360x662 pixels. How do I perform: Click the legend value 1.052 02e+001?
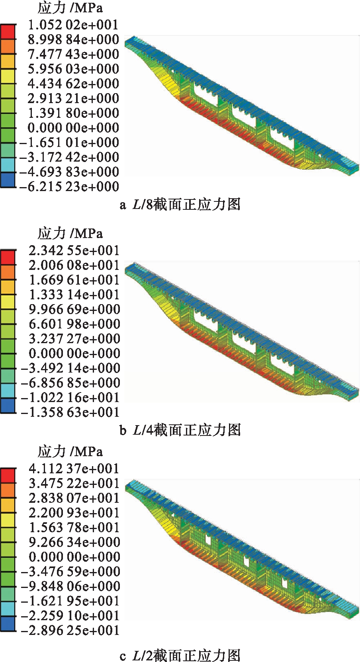[x=73, y=25]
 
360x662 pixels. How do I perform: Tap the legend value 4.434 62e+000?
[x=73, y=84]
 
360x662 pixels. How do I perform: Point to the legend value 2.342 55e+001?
[x=74, y=250]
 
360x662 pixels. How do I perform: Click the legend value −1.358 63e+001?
[x=70, y=412]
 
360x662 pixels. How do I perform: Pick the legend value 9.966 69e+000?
[x=74, y=309]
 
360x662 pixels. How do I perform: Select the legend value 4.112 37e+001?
[x=74, y=469]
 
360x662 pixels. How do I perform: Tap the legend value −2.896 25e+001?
[x=70, y=630]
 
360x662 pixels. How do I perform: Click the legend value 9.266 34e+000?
[x=74, y=542]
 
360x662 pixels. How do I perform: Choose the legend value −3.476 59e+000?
[x=70, y=572]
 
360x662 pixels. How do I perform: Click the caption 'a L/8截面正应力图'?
[x=180, y=205]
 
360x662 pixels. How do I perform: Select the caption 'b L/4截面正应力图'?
[x=180, y=430]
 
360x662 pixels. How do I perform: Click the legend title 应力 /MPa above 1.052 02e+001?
[x=70, y=8]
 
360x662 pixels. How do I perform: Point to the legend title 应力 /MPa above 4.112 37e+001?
[x=70, y=452]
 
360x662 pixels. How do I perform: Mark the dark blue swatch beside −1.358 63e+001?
[x=8, y=406]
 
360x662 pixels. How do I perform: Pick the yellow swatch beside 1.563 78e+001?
[x=8, y=520]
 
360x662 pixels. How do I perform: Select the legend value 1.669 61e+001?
[x=74, y=280]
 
